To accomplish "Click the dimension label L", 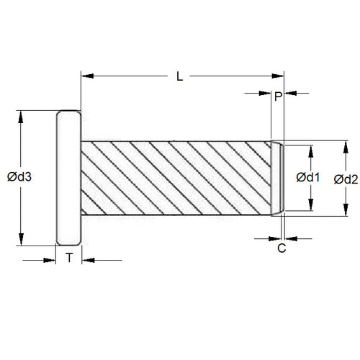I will (x=180, y=74).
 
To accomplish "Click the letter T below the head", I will (x=69, y=258).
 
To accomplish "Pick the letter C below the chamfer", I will (x=282, y=248).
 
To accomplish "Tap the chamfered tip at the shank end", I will (x=278, y=178).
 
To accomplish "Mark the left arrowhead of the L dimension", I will (x=87, y=74).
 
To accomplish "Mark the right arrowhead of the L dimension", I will (x=275, y=74).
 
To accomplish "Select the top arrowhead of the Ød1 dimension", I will (x=312, y=149).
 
